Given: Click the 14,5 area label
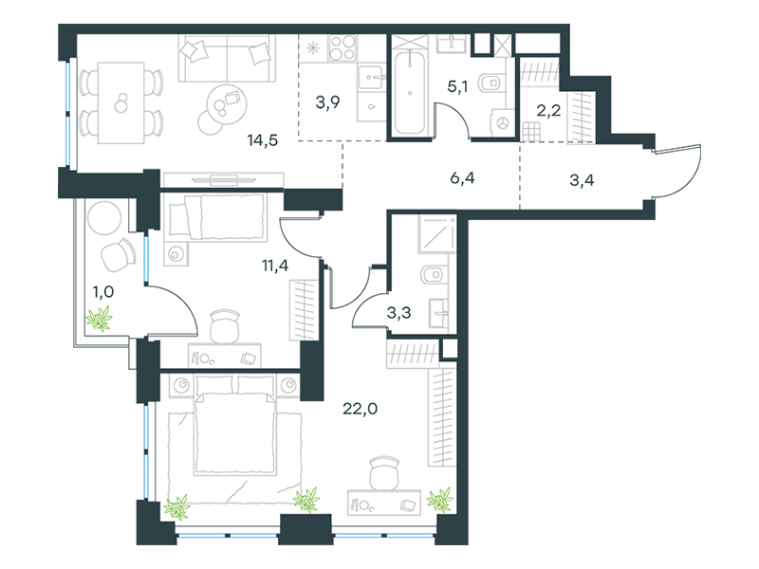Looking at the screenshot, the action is click(x=263, y=140).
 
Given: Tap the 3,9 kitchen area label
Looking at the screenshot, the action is click(x=327, y=102).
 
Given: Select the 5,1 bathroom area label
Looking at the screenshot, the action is click(x=457, y=86).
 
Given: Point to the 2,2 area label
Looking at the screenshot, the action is click(x=548, y=110).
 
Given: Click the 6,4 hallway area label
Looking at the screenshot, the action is click(x=462, y=178).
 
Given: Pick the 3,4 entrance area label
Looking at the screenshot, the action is click(x=582, y=180).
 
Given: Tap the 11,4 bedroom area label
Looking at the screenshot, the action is click(x=275, y=266).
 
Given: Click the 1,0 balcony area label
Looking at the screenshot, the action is click(x=103, y=292).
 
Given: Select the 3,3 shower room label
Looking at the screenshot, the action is click(x=398, y=313).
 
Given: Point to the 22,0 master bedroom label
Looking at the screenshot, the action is click(x=361, y=409).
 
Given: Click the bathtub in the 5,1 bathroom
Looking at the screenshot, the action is click(x=410, y=92).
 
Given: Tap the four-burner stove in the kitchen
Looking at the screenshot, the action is click(x=342, y=48).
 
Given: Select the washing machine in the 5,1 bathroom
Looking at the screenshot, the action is click(x=503, y=123).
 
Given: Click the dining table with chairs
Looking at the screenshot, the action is click(x=121, y=102).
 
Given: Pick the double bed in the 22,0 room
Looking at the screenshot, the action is click(x=235, y=425).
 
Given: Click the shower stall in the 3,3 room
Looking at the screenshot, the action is click(x=437, y=234).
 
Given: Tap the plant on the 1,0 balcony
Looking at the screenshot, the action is click(x=100, y=320).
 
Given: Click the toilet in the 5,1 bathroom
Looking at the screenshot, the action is click(x=491, y=83).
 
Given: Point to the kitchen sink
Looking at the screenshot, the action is click(x=372, y=78).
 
